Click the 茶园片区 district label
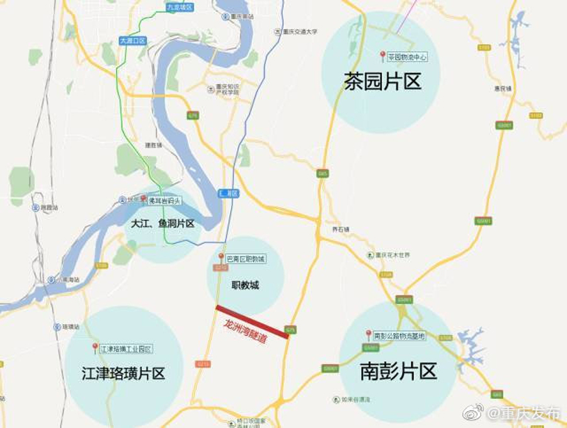382,81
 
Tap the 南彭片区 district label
398,371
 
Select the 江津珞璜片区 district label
123,373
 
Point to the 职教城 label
245,286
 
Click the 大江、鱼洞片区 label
163,224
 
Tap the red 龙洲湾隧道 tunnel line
252,322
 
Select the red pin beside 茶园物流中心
382,55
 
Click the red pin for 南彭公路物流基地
369,333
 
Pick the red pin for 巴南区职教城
221,257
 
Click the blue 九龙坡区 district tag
180,8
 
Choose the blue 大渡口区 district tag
132,41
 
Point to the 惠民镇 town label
502,88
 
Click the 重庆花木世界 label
392,255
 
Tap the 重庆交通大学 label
299,32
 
